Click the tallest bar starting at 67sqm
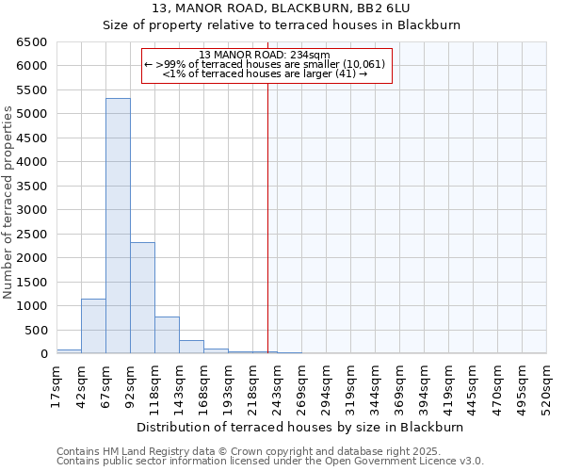tap(118, 226)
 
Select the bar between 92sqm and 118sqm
tap(142, 298)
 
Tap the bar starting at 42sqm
tap(93, 326)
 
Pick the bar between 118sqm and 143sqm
tap(167, 335)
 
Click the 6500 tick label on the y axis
tap(31, 42)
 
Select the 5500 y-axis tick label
tap(31, 90)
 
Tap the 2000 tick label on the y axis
tap(31, 258)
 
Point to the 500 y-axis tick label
tap(35, 330)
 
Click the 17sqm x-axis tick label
tap(56, 385)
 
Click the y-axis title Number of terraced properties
tap(8, 203)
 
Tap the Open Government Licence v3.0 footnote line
tap(270, 462)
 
